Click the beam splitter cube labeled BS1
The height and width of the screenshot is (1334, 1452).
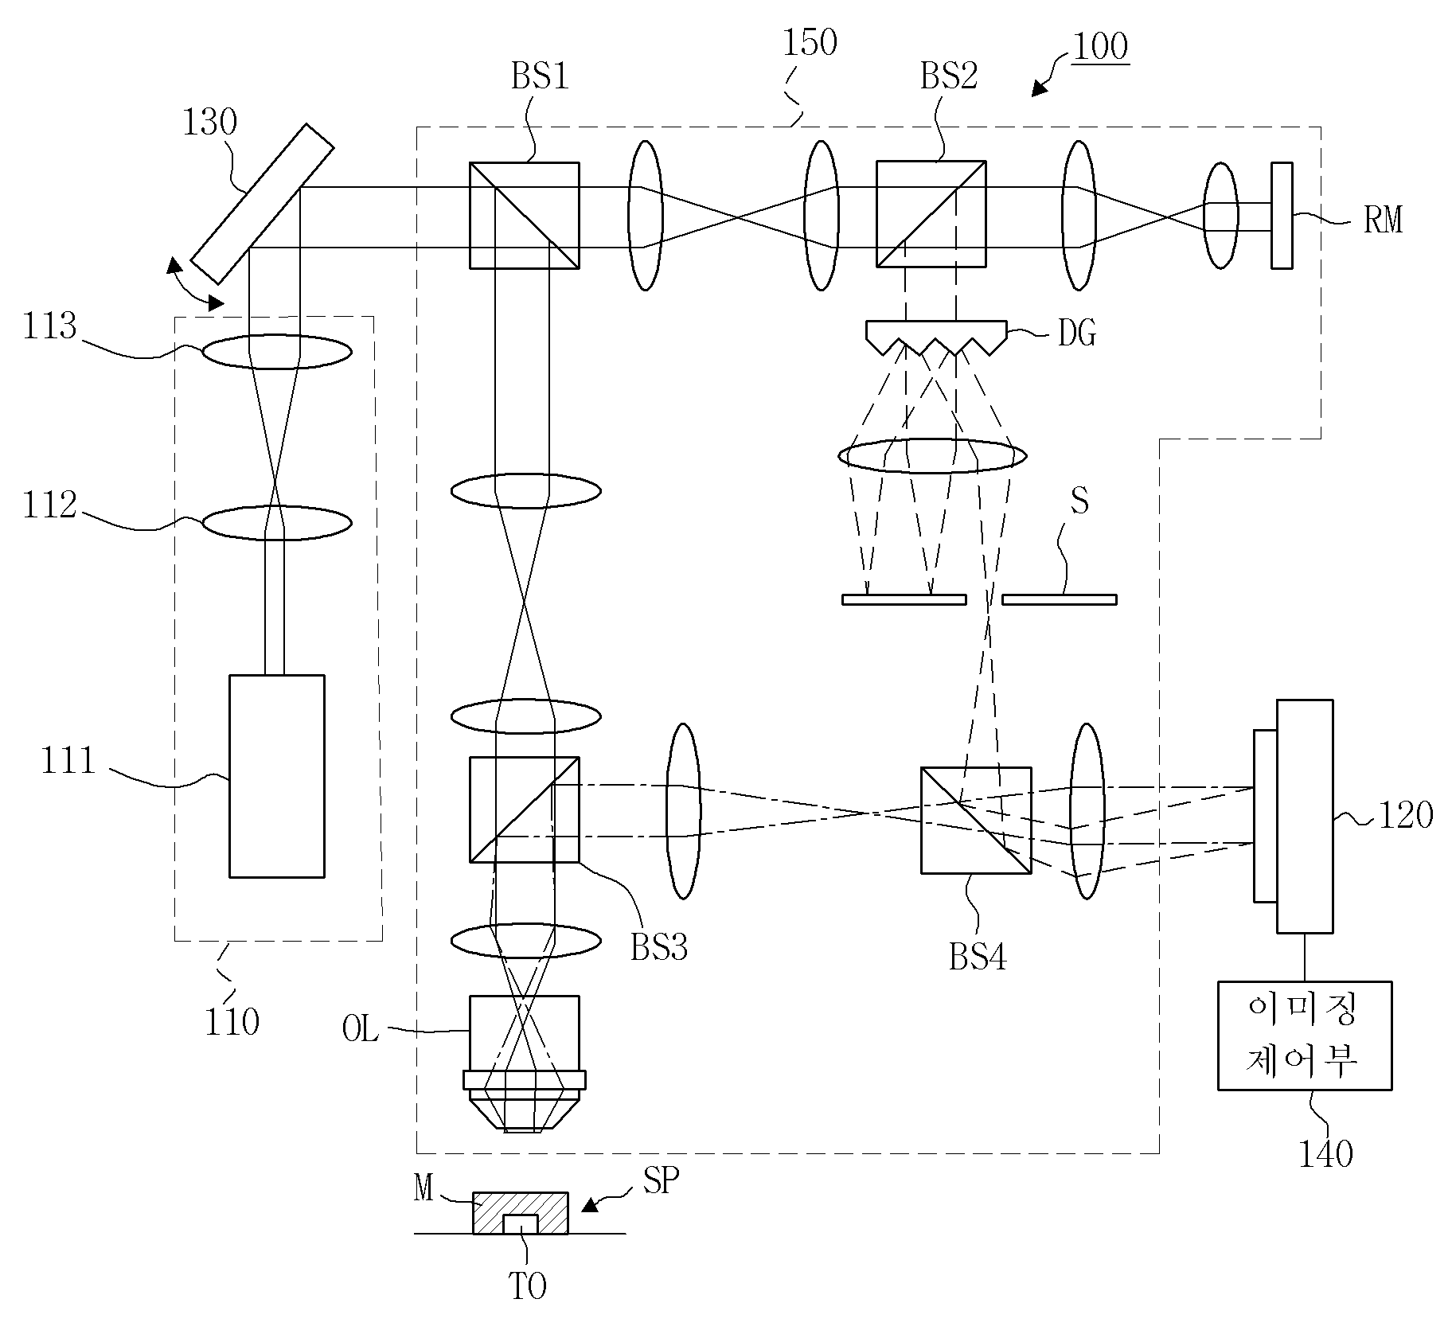(x=524, y=216)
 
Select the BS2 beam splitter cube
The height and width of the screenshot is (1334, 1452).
(x=931, y=214)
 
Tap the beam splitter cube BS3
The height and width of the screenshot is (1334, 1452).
(x=524, y=809)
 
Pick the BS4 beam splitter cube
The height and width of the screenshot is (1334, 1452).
(x=976, y=821)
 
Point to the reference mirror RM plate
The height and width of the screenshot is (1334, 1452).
(x=1282, y=216)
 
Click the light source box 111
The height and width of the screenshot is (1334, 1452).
(x=277, y=776)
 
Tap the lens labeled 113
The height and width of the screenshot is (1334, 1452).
(x=276, y=351)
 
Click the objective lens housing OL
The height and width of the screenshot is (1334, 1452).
(x=524, y=1063)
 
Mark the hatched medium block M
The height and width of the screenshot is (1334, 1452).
(x=521, y=1213)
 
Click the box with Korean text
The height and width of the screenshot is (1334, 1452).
(x=1305, y=1036)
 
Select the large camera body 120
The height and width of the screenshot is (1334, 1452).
(x=1305, y=816)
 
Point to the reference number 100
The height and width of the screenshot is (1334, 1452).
(x=1100, y=47)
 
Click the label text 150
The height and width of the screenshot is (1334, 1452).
(x=810, y=43)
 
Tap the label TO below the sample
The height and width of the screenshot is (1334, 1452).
(x=528, y=1286)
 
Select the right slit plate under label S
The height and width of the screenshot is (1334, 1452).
(x=1059, y=599)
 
